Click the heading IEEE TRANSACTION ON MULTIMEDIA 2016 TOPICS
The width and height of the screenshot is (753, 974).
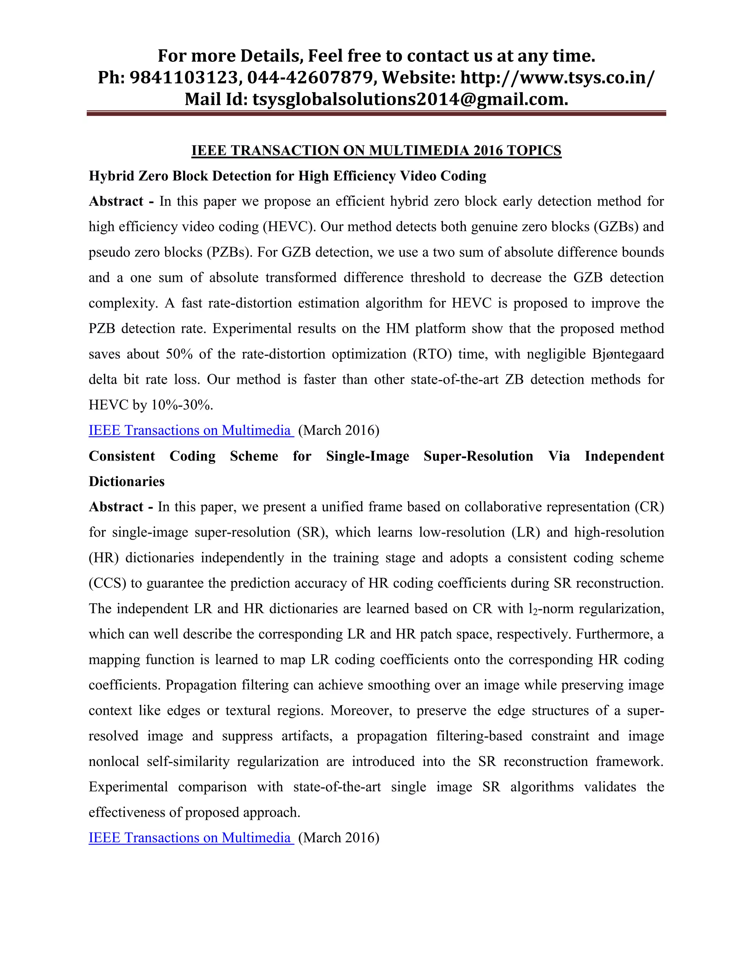click(x=376, y=150)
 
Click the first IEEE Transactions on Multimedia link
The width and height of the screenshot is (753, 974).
click(x=190, y=430)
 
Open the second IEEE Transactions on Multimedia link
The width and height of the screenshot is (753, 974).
click(x=190, y=838)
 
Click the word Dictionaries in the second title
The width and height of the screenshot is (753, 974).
click(x=127, y=481)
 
